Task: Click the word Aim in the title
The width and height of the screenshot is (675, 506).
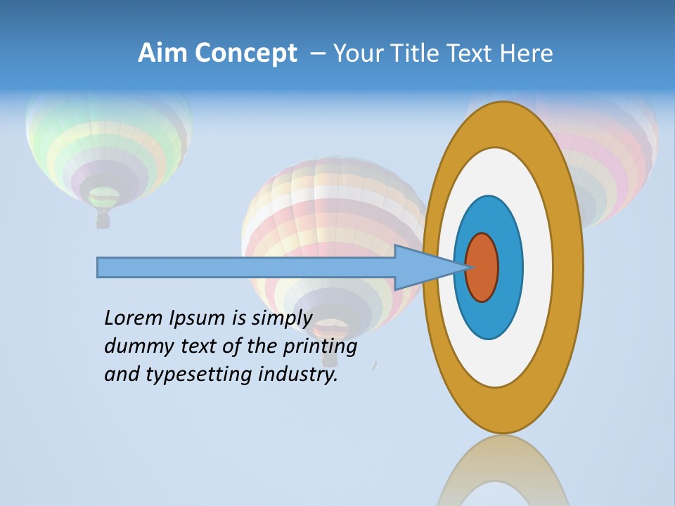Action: point(163,53)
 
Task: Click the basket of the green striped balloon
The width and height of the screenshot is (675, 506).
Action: point(103,220)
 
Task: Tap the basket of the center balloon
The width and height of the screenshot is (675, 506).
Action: point(328,356)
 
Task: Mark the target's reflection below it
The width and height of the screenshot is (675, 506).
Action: point(503,471)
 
